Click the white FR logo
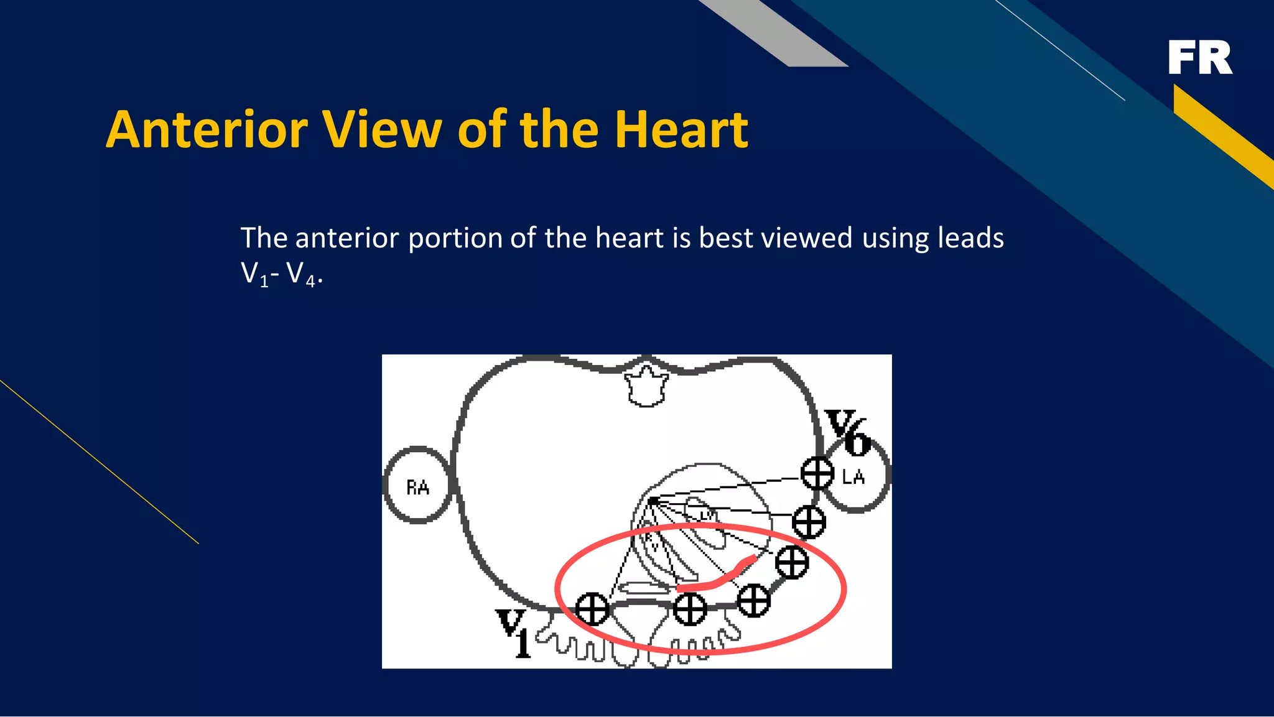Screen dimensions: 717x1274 pos(1199,58)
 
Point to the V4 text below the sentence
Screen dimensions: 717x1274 pos(301,274)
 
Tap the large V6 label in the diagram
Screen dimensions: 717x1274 pos(847,432)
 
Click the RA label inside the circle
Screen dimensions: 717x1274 pos(417,487)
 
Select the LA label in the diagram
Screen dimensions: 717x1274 pos(853,477)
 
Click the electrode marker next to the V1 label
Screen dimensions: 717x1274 pos(592,609)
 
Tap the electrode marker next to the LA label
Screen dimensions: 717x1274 pos(817,474)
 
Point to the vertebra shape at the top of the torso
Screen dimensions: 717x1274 pos(646,386)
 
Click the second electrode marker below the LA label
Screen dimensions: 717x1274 pos(792,562)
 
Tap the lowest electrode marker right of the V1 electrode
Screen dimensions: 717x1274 pos(690,609)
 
